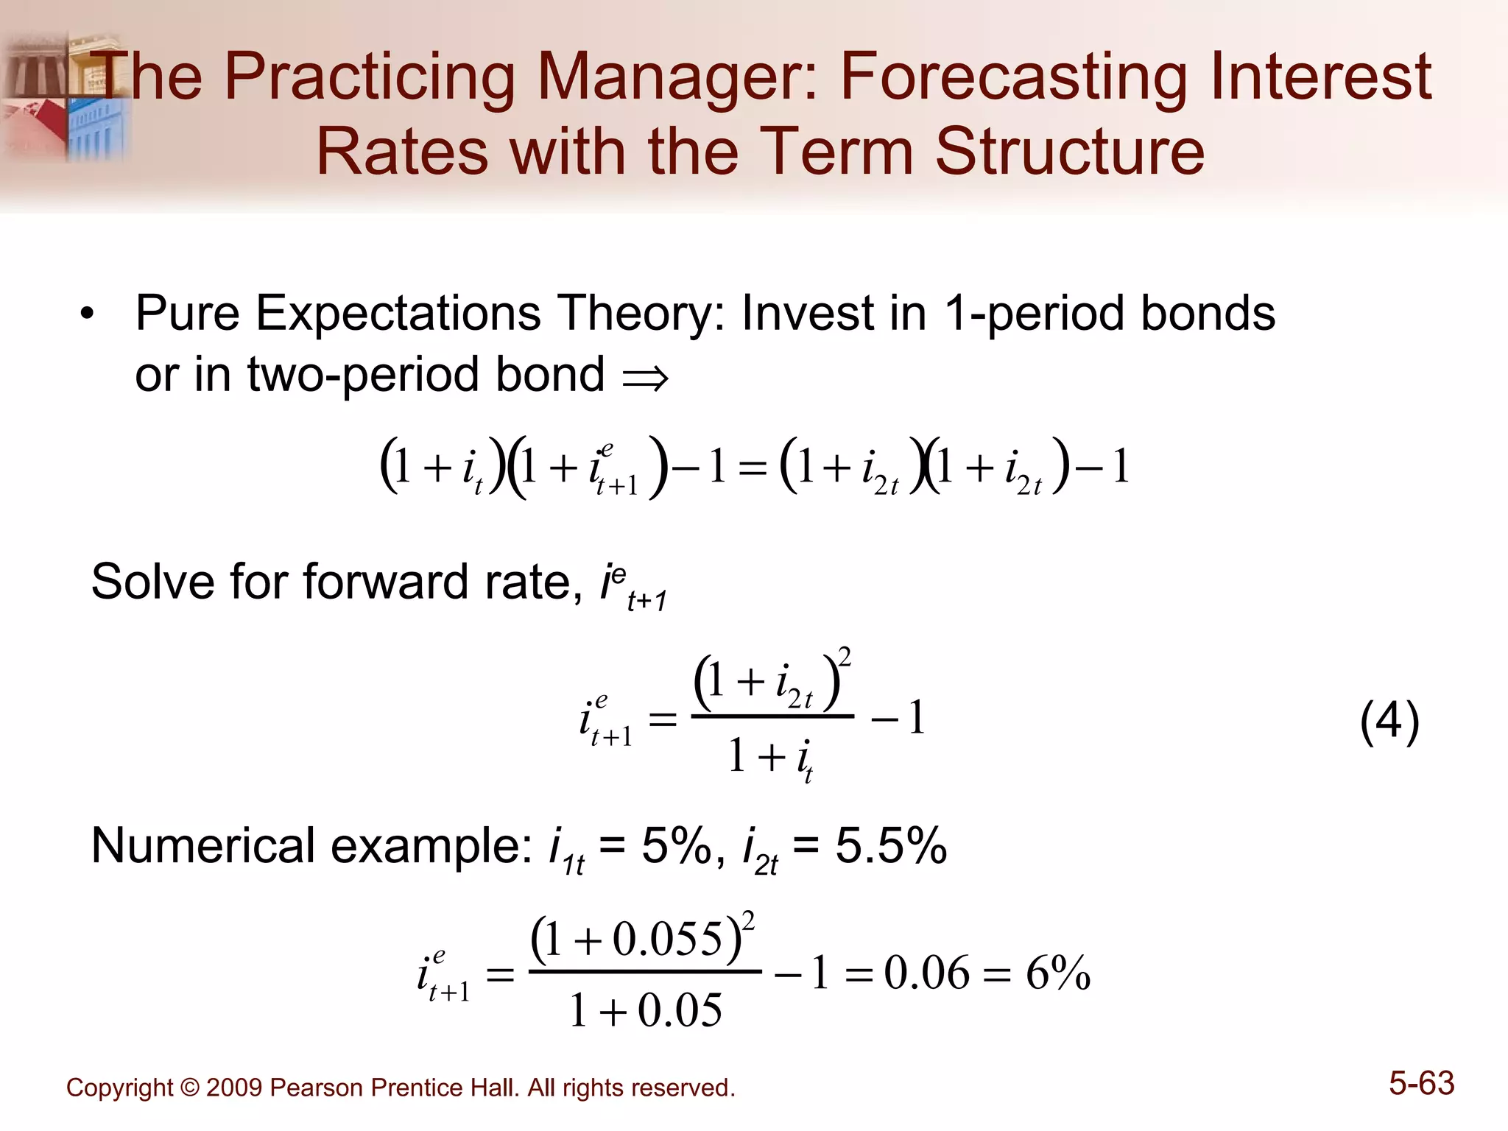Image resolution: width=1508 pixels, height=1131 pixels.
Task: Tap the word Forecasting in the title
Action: (1013, 77)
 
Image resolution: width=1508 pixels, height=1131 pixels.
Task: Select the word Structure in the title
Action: (1069, 152)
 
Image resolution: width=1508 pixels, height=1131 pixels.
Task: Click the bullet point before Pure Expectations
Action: (88, 315)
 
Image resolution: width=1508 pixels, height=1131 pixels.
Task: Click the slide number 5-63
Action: (1421, 1084)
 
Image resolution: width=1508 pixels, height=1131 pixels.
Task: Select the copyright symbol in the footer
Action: (189, 1088)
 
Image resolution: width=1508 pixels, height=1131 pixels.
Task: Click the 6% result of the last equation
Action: (1057, 973)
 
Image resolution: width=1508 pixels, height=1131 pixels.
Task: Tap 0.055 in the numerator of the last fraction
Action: (667, 940)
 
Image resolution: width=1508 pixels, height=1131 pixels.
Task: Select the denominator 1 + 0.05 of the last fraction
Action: (646, 1010)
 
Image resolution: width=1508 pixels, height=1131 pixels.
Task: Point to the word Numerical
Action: (205, 846)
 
